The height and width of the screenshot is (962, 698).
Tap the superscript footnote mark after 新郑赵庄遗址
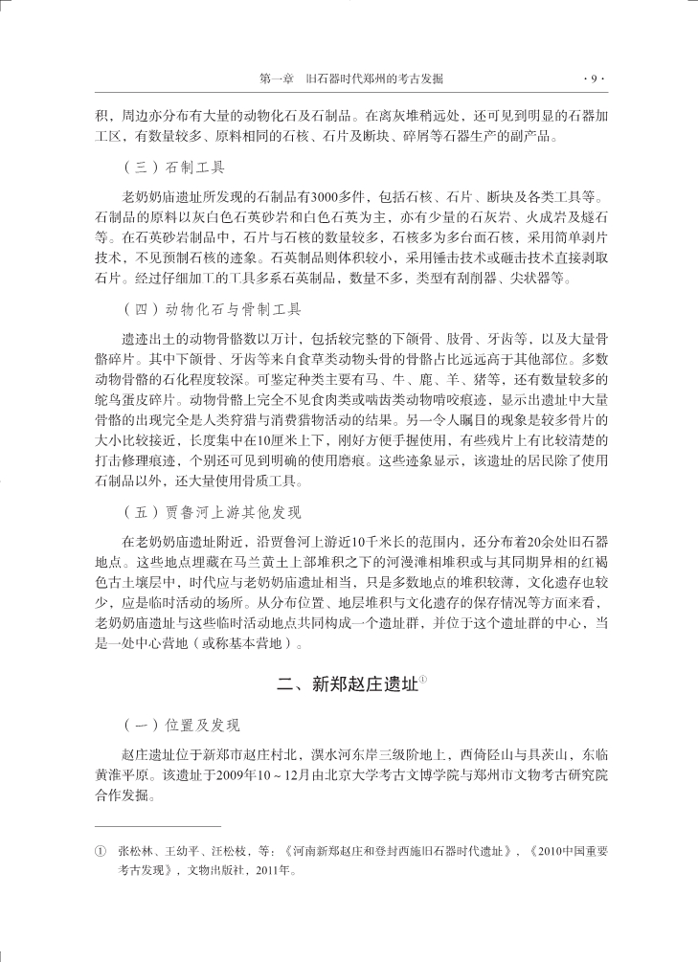click(422, 679)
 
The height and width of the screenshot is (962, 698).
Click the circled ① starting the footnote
click(99, 850)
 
